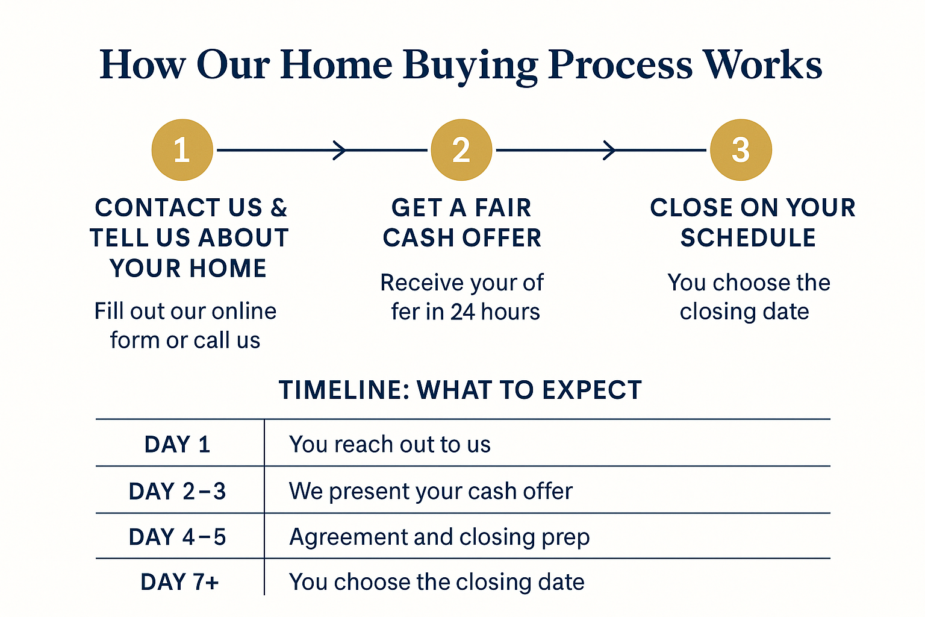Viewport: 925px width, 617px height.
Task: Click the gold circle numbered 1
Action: (182, 149)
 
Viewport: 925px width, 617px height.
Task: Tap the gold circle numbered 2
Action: (461, 149)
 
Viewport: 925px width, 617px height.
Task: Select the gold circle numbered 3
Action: (741, 149)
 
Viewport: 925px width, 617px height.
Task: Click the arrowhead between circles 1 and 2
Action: (340, 150)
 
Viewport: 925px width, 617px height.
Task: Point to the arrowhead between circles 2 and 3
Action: (609, 150)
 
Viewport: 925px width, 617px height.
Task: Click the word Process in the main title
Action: (620, 65)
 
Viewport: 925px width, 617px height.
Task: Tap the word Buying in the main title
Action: (470, 67)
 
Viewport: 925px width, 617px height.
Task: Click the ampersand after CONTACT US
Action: (279, 207)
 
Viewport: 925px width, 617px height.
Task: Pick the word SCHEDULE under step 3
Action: (749, 237)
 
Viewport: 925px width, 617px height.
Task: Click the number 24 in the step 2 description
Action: (462, 312)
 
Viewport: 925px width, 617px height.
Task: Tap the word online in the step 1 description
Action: (244, 311)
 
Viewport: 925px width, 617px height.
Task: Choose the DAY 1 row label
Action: (177, 444)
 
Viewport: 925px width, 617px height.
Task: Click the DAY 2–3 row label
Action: (177, 491)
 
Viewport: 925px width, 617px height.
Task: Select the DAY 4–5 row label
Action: (177, 537)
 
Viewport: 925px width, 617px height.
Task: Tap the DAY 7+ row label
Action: (179, 582)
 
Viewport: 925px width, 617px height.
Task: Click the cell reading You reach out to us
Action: (390, 444)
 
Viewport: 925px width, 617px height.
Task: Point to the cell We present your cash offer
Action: (431, 491)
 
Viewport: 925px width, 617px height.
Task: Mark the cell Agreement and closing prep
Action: (440, 537)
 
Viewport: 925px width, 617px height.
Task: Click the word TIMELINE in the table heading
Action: (344, 390)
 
